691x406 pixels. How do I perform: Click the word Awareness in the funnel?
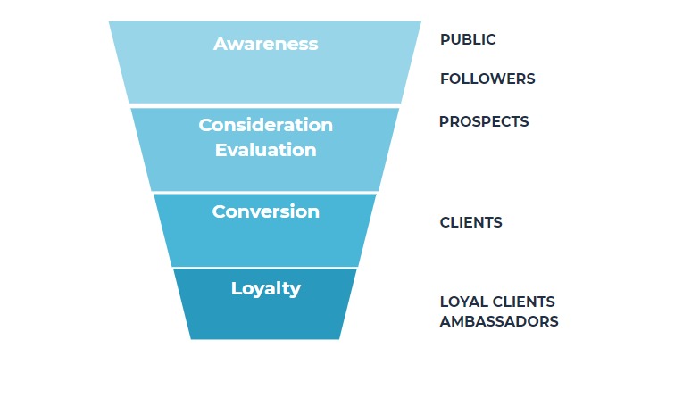pyautogui.click(x=265, y=44)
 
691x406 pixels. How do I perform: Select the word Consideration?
pyautogui.click(x=265, y=125)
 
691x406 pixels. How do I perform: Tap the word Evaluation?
pyautogui.click(x=265, y=150)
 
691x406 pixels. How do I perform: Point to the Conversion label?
pyautogui.click(x=265, y=211)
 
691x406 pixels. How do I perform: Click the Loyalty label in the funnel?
pyautogui.click(x=265, y=288)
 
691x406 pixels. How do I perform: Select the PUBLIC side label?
pyautogui.click(x=468, y=40)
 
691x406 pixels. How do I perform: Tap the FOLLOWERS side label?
pyautogui.click(x=487, y=79)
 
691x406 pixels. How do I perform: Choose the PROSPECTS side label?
pyautogui.click(x=484, y=121)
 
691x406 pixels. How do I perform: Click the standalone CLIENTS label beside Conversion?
pyautogui.click(x=470, y=223)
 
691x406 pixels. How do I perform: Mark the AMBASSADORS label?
pyautogui.click(x=499, y=321)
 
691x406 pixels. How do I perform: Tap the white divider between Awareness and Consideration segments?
pyautogui.click(x=265, y=105)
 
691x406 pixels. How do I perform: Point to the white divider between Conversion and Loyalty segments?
pyautogui.click(x=265, y=267)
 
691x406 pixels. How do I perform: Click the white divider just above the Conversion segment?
pyautogui.click(x=265, y=192)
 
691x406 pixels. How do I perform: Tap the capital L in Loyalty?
pyautogui.click(x=236, y=288)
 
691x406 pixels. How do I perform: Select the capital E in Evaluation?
pyautogui.click(x=221, y=150)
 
